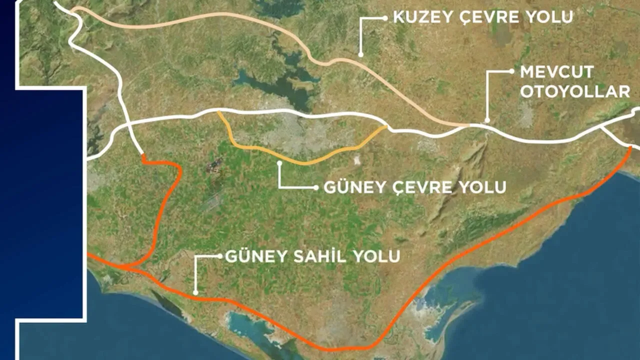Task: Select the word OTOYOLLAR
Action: coord(574,91)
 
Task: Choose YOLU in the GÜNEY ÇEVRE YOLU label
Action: coord(482,187)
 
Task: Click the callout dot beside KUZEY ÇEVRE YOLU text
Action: coord(385,17)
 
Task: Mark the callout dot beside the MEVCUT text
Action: coord(511,71)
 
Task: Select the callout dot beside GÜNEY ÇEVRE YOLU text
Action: coord(315,188)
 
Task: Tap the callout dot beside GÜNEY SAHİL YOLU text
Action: coord(219,256)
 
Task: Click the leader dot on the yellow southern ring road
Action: coord(278,162)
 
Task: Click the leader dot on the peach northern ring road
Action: coord(360,54)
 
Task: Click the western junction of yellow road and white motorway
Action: coord(218,111)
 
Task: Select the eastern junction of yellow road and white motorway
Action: coord(387,127)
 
